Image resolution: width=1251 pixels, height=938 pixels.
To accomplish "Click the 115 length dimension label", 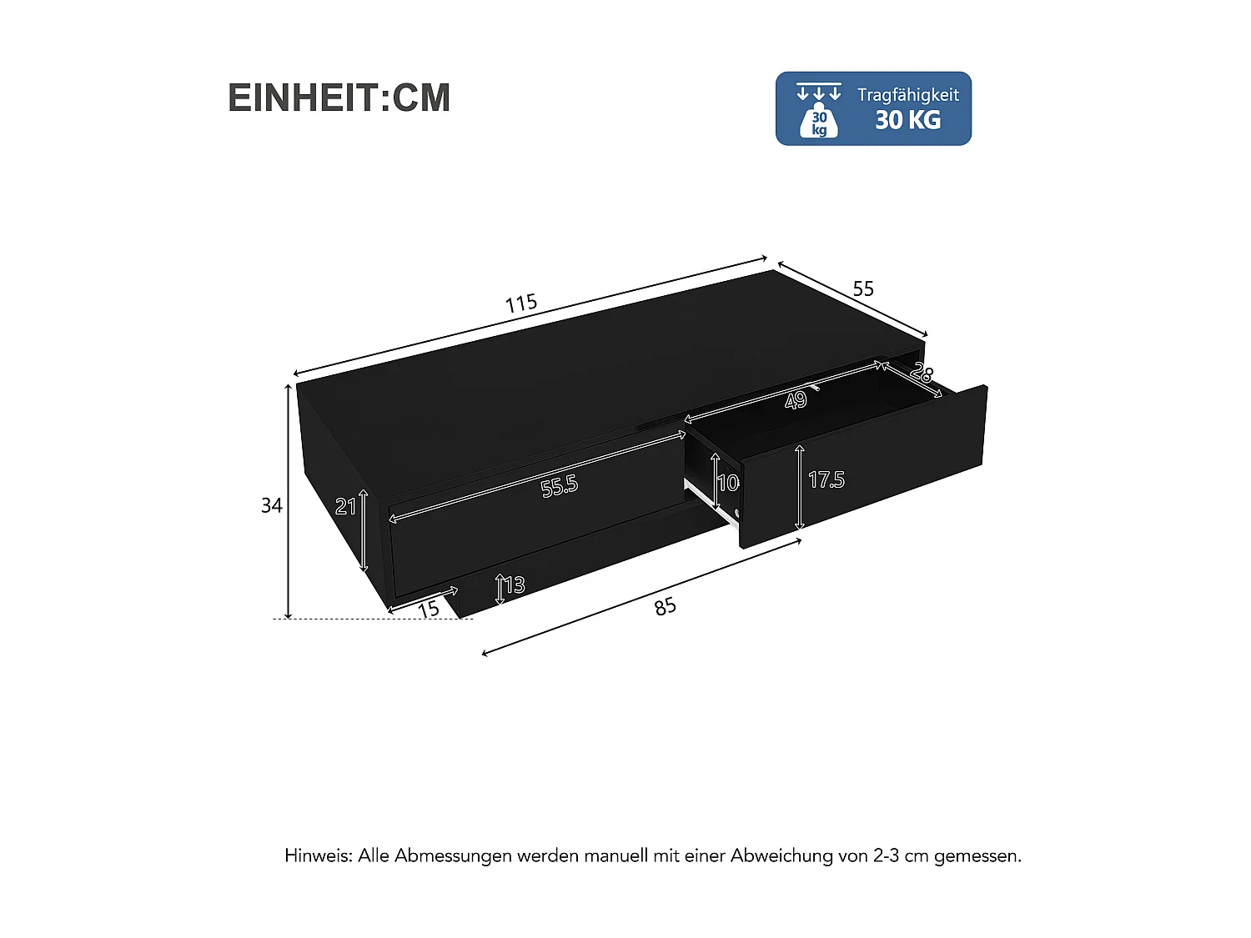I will click(521, 303).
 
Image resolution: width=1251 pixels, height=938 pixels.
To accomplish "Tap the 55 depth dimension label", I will click(863, 288).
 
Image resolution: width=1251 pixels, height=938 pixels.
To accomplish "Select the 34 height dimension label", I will click(272, 505).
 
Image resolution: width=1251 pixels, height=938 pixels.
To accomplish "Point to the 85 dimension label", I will click(665, 606).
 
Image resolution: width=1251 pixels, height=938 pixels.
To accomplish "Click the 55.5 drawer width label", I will click(559, 485).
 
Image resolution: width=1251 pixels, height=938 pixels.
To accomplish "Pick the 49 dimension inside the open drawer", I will click(796, 401).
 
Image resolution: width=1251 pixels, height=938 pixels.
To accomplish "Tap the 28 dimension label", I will click(922, 373).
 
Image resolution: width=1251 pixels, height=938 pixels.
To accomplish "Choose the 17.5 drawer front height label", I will click(826, 479).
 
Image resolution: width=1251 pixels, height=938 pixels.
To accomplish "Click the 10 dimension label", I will click(727, 482).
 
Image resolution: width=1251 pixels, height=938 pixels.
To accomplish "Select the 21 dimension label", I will click(345, 505).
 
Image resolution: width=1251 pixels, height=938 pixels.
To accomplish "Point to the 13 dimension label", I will click(515, 584).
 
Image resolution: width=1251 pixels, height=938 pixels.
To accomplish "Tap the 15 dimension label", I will click(429, 609).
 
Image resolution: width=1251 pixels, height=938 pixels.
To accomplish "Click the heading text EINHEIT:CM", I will click(339, 98).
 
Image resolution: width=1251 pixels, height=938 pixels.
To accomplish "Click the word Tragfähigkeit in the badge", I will click(907, 95).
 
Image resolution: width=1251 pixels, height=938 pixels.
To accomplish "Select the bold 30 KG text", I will click(907, 120).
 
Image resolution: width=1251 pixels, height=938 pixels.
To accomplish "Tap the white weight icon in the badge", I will click(818, 120).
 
